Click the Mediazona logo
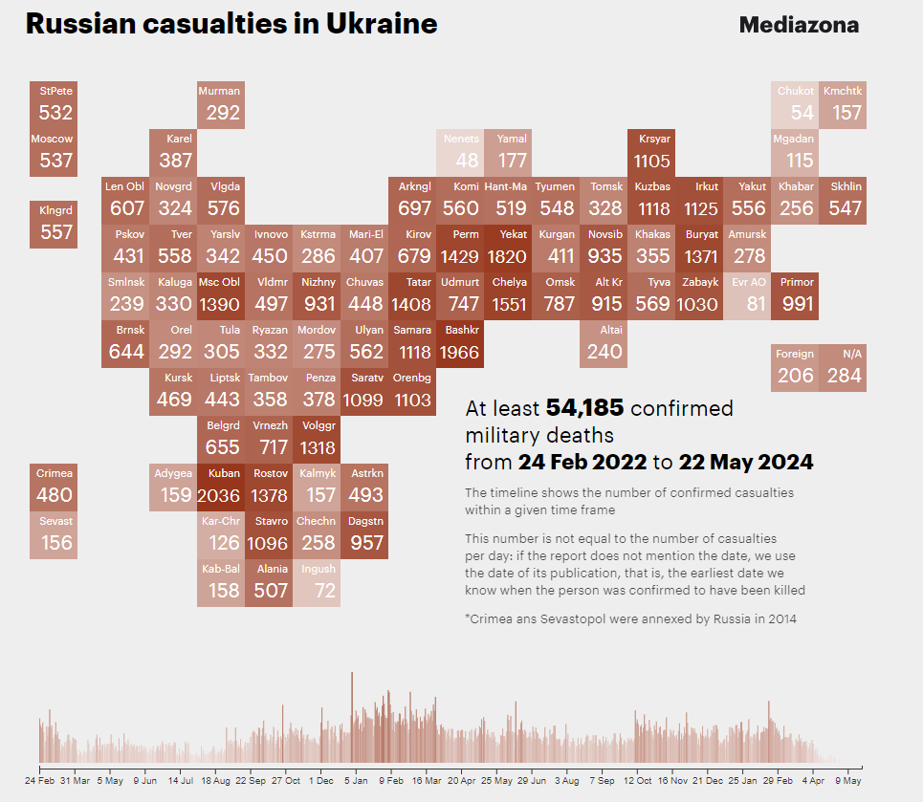pyautogui.click(x=799, y=25)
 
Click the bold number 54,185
pyautogui.click(x=584, y=409)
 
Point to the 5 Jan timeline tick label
pyautogui.click(x=356, y=781)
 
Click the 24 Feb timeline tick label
pyautogui.click(x=40, y=781)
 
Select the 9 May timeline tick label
pyautogui.click(x=848, y=781)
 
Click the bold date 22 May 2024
pyautogui.click(x=746, y=463)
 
